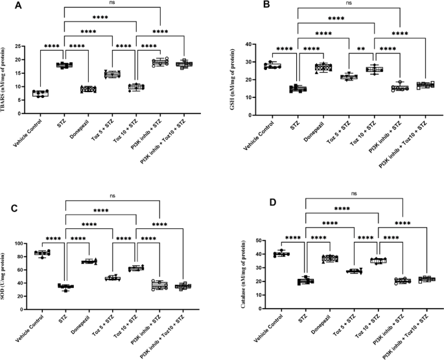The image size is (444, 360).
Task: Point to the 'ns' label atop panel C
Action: (113, 193)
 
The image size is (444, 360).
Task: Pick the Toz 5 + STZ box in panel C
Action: (113, 278)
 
